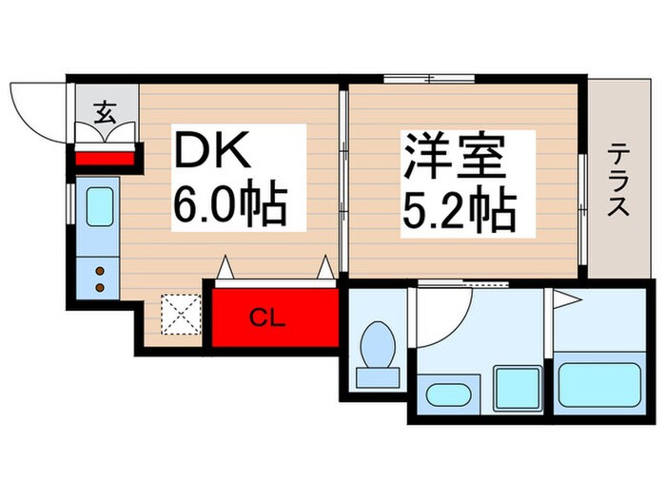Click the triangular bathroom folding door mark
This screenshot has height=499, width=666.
pyautogui.click(x=567, y=301)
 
